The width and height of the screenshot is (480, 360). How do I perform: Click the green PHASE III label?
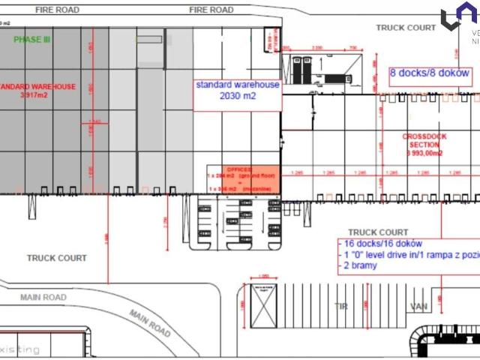31,39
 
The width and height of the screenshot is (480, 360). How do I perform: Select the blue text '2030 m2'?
238,97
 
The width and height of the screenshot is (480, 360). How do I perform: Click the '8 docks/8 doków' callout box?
430,73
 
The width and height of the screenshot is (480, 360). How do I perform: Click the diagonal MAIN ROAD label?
149,322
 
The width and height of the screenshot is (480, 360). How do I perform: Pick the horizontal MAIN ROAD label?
43,298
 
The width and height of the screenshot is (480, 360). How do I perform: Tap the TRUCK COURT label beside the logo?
406,28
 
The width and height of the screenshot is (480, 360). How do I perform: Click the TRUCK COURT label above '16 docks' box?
378,232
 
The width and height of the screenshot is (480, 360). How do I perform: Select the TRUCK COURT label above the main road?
57,258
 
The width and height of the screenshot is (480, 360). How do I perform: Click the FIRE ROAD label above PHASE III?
58,10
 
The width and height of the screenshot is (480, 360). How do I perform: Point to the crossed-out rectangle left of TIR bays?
263,307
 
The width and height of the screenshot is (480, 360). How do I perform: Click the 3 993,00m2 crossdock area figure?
425,152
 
